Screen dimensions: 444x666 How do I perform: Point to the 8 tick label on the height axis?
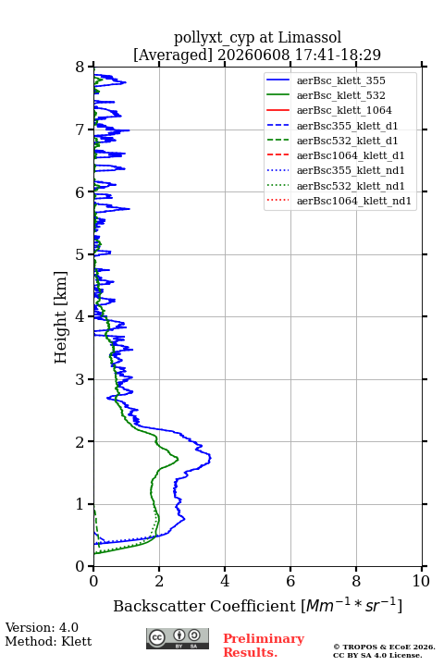pyautogui.click(x=80, y=67)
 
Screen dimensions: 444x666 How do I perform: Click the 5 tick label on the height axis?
pyautogui.click(x=80, y=254)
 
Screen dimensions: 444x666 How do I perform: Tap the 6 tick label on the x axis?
pyautogui.click(x=290, y=581)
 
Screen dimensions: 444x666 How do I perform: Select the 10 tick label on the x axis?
pyautogui.click(x=422, y=581)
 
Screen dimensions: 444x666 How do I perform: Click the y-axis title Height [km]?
pyautogui.click(x=61, y=317)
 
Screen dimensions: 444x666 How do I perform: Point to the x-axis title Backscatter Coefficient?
pyautogui.click(x=203, y=606)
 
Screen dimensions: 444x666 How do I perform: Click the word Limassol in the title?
pyautogui.click(x=310, y=37)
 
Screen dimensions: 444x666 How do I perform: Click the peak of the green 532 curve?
pyautogui.click(x=178, y=459)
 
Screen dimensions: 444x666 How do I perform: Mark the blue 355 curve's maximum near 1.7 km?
pyautogui.click(x=210, y=458)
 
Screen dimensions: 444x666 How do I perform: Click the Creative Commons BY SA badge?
pyautogui.click(x=178, y=638)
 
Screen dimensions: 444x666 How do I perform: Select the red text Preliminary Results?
pyautogui.click(x=264, y=646)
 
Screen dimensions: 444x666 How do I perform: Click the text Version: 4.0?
pyautogui.click(x=42, y=627)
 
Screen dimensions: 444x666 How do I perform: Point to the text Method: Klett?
pyautogui.click(x=48, y=641)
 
